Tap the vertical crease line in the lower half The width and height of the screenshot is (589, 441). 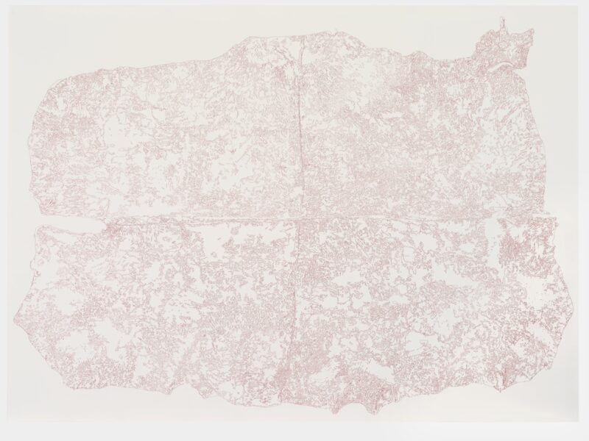294,316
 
